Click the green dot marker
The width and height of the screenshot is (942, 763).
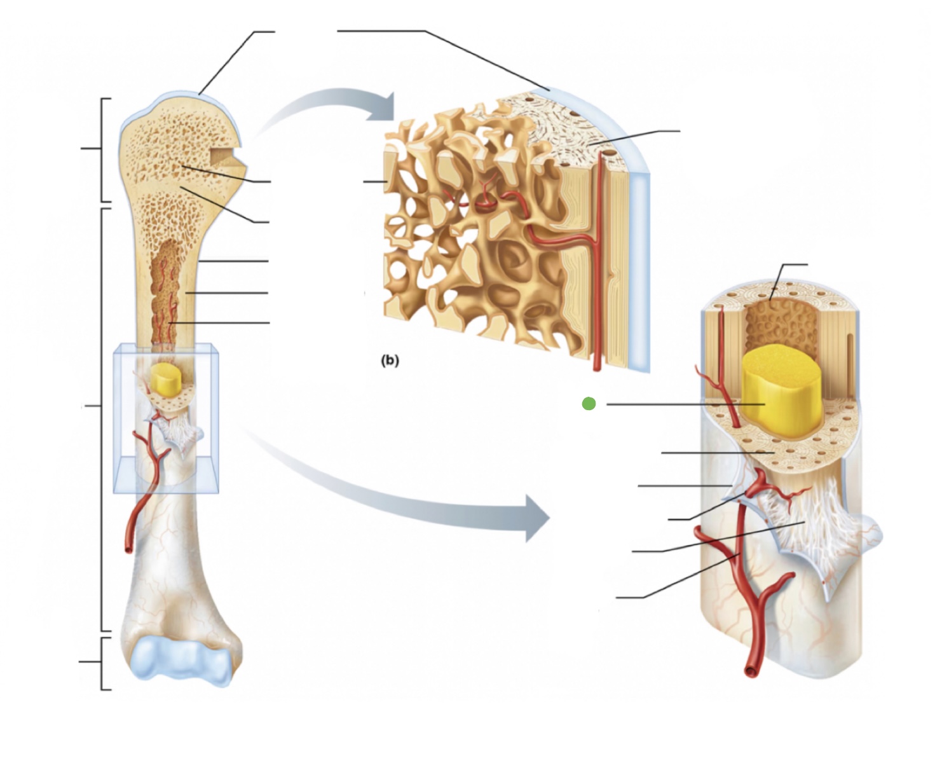(589, 404)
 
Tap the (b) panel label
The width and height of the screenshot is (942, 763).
(390, 360)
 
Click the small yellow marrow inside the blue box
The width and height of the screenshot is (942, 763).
(167, 380)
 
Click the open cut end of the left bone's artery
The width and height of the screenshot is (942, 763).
(128, 546)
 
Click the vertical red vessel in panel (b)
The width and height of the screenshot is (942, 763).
(598, 267)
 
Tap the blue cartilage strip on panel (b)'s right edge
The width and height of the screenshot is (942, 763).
(639, 267)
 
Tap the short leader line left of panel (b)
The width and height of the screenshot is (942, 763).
(375, 182)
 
